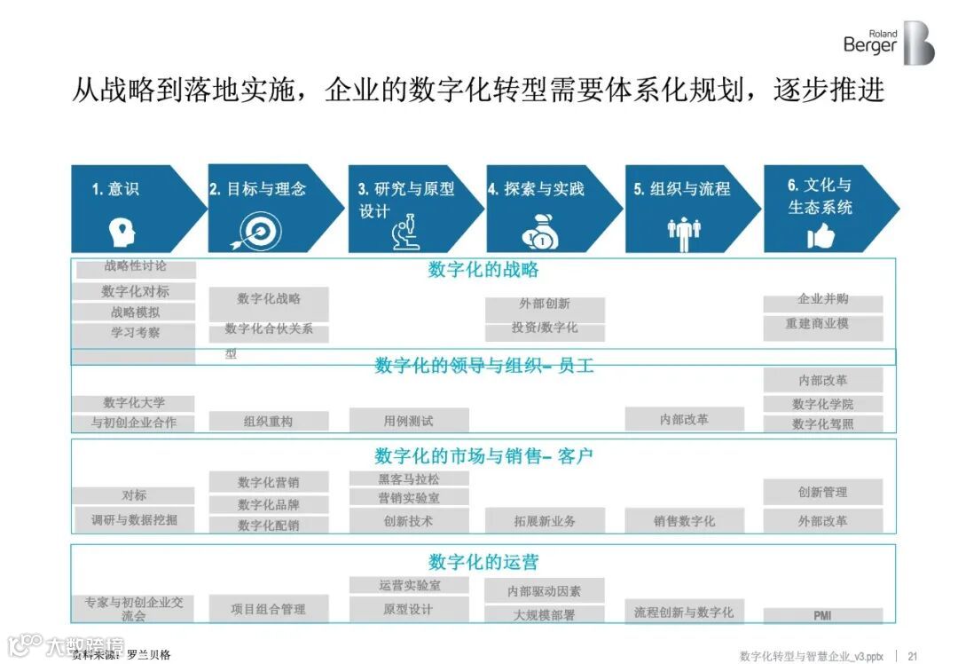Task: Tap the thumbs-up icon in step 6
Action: tap(821, 235)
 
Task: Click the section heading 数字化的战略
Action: tap(483, 270)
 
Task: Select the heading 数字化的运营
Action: tap(483, 562)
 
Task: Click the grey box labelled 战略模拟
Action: tap(135, 312)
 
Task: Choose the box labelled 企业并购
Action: tap(823, 300)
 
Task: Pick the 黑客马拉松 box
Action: tap(408, 478)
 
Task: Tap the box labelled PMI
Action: tap(823, 615)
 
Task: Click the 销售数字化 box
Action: tap(684, 521)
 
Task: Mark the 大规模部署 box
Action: tap(545, 614)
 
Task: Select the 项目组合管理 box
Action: tap(269, 609)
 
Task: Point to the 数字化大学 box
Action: tap(134, 402)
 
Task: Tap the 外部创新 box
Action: tap(545, 304)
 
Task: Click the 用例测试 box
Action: tap(408, 421)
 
